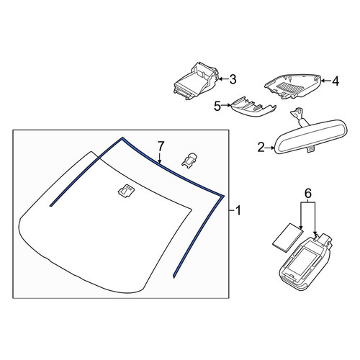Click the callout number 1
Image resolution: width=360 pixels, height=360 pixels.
pos(238,211)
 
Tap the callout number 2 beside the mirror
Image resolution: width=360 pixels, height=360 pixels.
pos(261,148)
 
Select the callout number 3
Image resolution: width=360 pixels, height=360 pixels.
pos(233,79)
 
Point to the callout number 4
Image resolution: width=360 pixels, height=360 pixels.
pos(336,81)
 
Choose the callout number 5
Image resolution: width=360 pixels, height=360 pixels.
pos(217,106)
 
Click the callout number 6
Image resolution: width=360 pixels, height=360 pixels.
pos(308,193)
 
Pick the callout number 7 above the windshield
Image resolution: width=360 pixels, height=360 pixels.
pos(161,145)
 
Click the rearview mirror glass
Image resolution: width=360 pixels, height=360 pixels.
pos(311,138)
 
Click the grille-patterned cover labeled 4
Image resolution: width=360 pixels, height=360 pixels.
pos(292,86)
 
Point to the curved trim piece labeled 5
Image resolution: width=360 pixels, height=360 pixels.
pos(253,107)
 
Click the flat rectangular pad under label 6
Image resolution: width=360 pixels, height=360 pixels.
pos(288,238)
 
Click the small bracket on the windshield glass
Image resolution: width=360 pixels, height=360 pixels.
pos(127,191)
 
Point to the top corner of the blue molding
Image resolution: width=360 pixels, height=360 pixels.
pos(122,138)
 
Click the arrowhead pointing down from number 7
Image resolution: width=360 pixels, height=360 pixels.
pos(160,161)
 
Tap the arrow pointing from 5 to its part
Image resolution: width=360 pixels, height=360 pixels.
pos(225,105)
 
